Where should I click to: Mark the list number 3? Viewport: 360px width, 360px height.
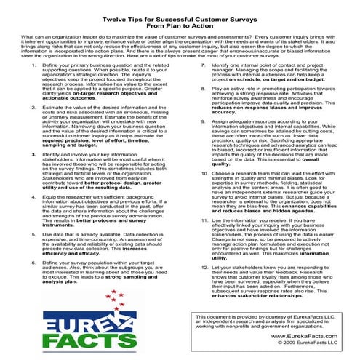pos(25,155)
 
